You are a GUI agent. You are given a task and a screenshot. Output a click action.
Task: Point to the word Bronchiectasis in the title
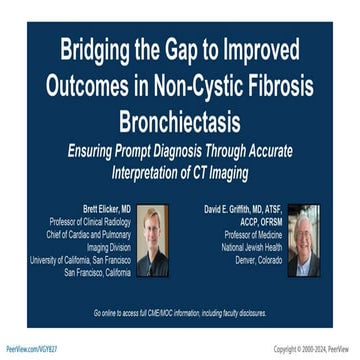180,122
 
